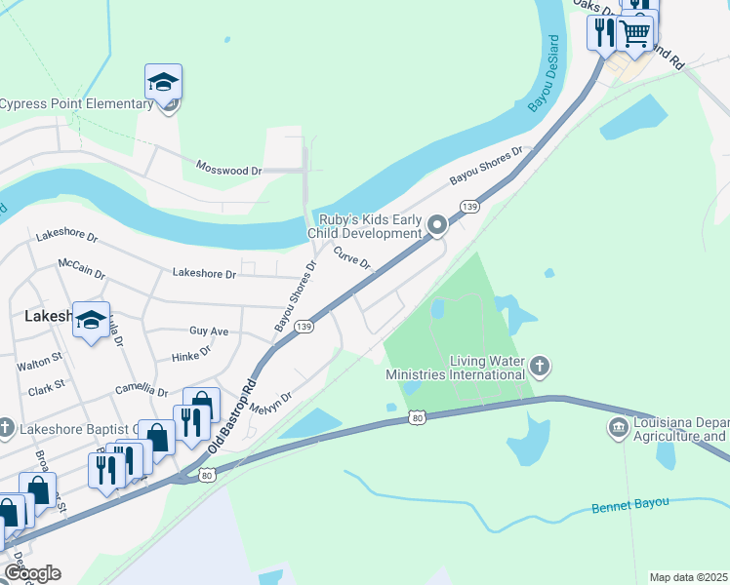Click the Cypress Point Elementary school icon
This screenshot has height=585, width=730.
(x=163, y=82)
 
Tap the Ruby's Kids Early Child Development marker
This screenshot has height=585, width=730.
(x=437, y=226)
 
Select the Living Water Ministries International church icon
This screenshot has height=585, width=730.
(x=540, y=368)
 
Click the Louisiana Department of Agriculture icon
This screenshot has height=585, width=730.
(x=618, y=428)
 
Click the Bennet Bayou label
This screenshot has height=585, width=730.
(x=630, y=505)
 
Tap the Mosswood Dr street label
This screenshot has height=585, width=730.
(x=229, y=169)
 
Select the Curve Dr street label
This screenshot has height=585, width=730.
(x=352, y=258)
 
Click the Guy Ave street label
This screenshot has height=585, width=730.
(x=209, y=331)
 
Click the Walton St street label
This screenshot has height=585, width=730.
(x=39, y=367)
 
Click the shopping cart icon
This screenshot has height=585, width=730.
(x=635, y=33)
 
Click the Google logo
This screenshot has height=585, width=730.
(x=31, y=573)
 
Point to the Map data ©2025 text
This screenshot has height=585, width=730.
(x=688, y=577)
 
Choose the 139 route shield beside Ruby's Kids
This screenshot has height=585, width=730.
(x=470, y=207)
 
